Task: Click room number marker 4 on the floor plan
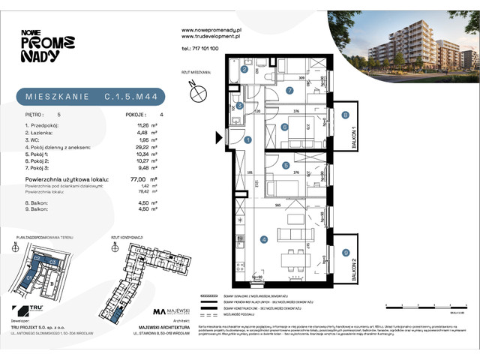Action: pos(264,240)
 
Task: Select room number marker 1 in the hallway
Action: pos(247,139)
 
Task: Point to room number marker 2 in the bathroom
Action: pos(244,70)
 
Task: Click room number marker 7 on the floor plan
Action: pos(289,90)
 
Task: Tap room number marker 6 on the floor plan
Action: pos(285,127)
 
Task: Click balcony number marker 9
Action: pos(345,253)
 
